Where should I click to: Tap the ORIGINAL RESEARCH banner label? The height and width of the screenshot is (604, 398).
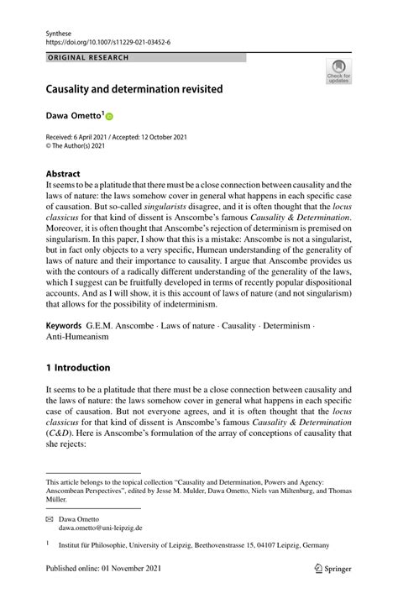click(x=88, y=57)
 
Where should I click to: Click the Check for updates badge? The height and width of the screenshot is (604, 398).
click(x=338, y=71)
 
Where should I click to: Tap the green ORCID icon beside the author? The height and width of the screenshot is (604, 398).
click(x=108, y=115)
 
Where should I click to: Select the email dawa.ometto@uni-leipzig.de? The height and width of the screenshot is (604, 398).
click(x=100, y=528)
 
